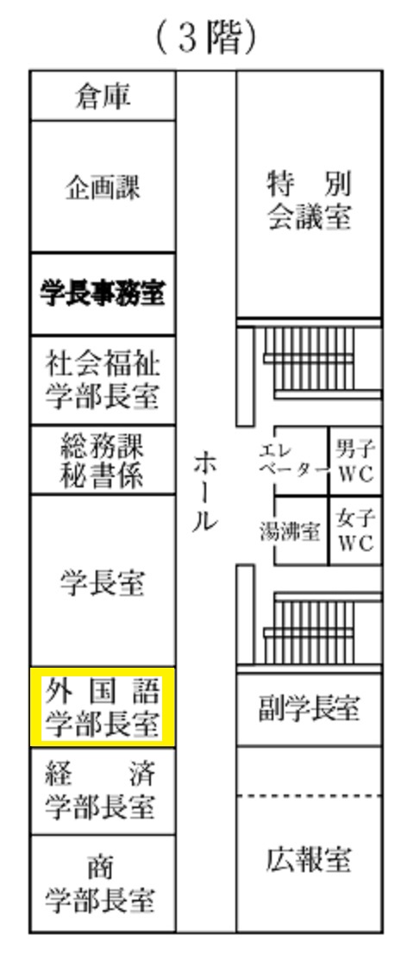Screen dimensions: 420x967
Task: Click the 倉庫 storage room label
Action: pos(103,97)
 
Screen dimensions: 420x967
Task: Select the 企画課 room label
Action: pos(103,186)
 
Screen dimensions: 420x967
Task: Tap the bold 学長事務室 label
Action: pos(103,293)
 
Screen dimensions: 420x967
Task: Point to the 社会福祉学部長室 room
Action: pos(103,380)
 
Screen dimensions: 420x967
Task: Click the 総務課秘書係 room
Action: pos(103,460)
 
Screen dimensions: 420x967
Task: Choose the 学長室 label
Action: pos(103,582)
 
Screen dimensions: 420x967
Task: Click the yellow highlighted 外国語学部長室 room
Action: pos(103,707)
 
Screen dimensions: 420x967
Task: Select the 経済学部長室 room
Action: pos(103,791)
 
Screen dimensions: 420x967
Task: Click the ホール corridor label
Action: pos(205,492)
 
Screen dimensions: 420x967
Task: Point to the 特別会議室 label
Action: pos(309,200)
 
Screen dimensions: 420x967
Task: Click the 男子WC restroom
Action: pos(355,461)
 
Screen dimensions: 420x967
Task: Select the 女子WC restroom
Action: pos(355,531)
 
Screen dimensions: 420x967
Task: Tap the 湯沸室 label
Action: pos(289,531)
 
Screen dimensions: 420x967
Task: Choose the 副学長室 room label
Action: pos(309,709)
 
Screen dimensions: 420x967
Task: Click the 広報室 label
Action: pos(309,859)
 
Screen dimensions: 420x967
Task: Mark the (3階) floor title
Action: pos(205,38)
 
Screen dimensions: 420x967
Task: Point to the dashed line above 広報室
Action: pos(309,796)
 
